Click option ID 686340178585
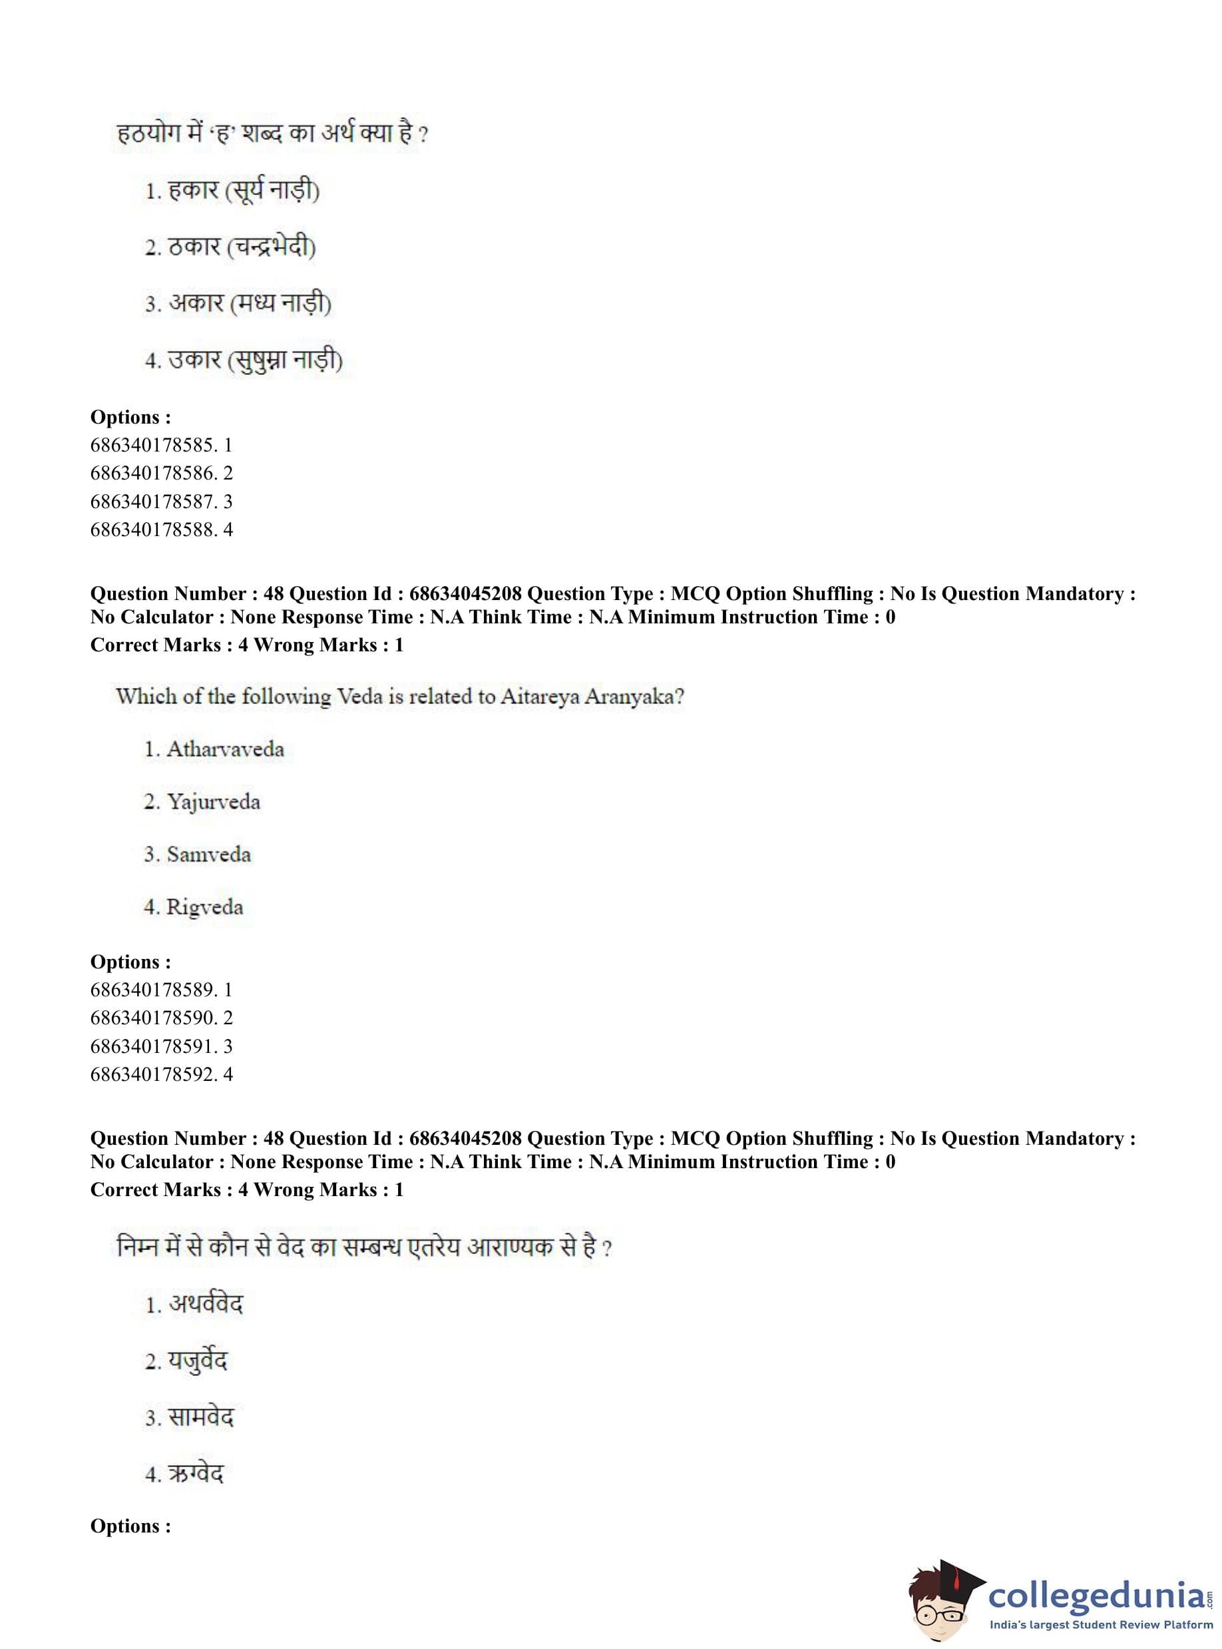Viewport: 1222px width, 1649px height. point(160,445)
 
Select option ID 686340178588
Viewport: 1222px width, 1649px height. point(160,529)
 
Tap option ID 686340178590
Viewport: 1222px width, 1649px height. point(160,1018)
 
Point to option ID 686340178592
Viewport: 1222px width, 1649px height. point(160,1074)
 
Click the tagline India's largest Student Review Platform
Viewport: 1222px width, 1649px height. point(1101,1625)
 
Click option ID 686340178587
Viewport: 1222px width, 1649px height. point(160,501)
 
